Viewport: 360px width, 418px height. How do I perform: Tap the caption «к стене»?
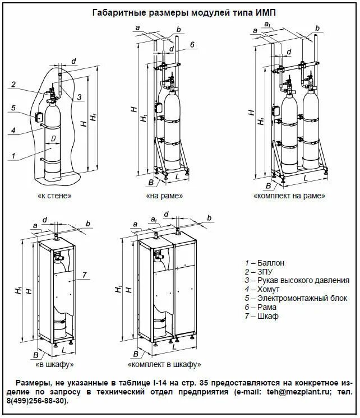click(54, 196)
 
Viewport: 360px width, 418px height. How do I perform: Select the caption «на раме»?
click(164, 196)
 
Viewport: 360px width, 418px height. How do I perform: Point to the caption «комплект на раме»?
click(289, 196)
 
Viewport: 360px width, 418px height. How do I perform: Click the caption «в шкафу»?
click(54, 364)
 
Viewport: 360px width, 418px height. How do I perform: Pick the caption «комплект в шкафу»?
click(164, 364)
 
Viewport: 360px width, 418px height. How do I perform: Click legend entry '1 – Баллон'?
click(265, 262)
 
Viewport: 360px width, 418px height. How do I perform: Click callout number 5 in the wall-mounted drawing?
click(13, 108)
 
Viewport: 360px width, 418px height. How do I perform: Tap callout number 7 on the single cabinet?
click(84, 275)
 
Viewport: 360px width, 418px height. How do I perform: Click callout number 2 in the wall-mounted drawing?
click(13, 85)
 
